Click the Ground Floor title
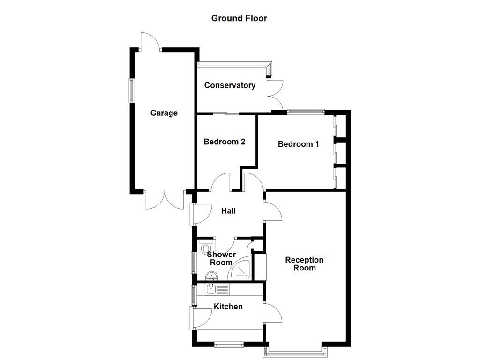coord(239,18)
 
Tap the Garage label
coord(164,113)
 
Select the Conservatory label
coord(230,85)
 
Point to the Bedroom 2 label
coord(224,142)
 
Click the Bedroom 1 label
coord(299,144)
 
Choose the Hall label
coord(228,211)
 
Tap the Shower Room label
coord(221,258)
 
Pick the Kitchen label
coord(228,307)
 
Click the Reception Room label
coord(304,264)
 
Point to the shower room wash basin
coord(212,276)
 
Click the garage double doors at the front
coord(165,201)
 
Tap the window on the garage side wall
coord(132,90)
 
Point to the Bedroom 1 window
coord(306,111)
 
